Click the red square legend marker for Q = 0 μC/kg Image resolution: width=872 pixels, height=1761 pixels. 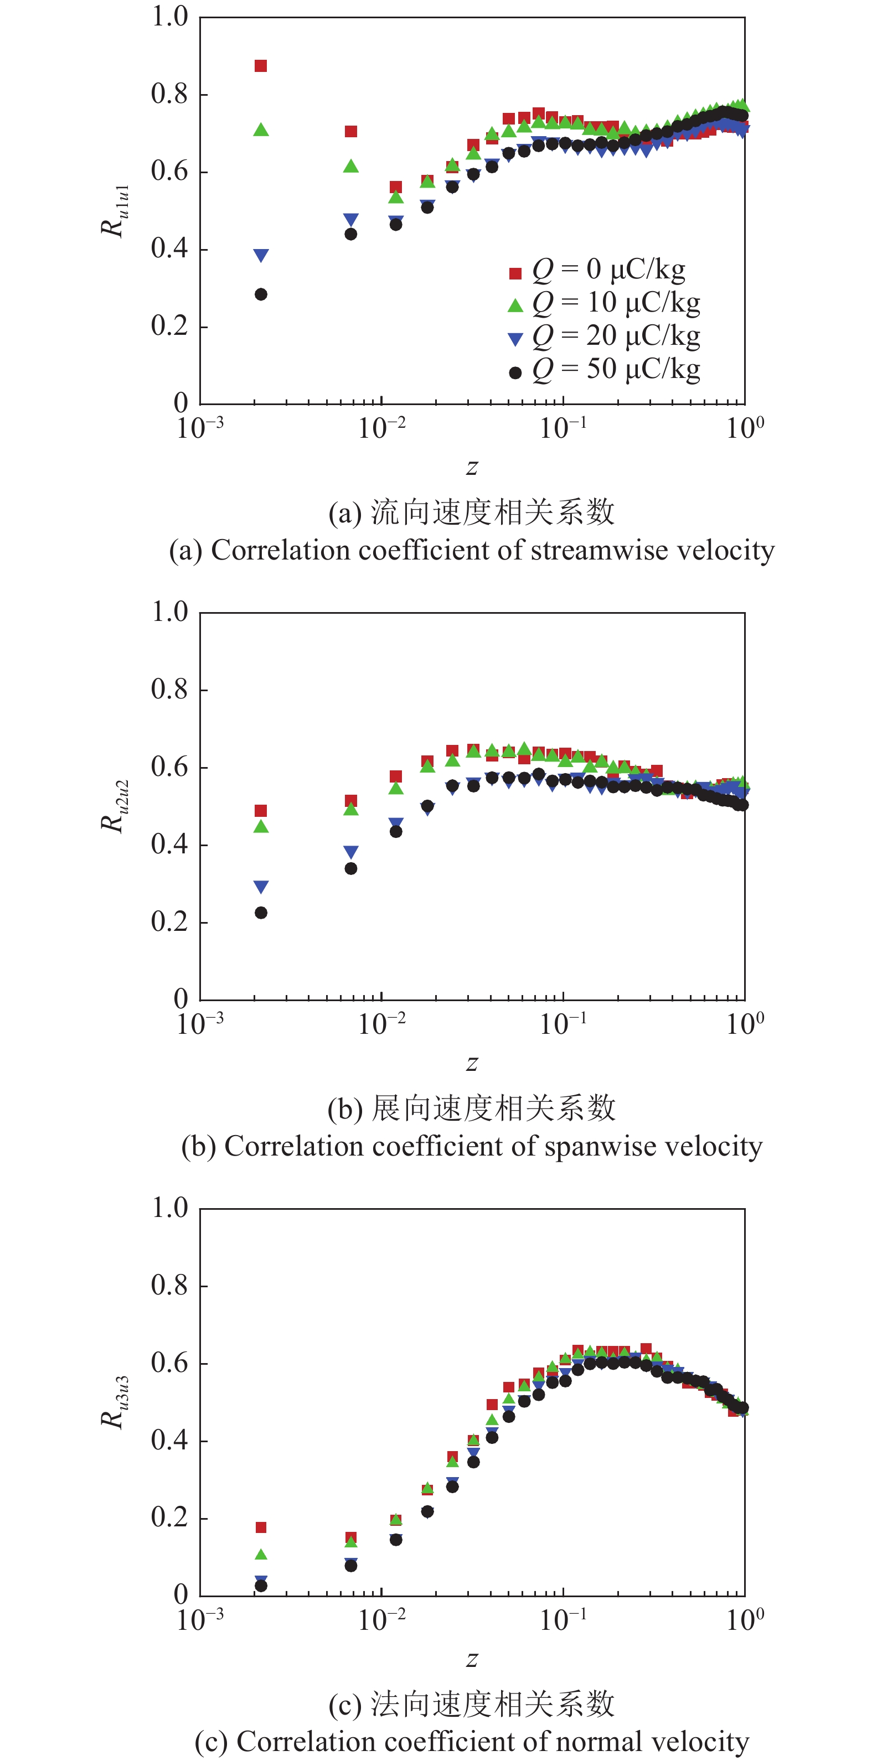(x=515, y=273)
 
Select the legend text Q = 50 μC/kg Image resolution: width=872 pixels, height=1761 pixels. (x=616, y=369)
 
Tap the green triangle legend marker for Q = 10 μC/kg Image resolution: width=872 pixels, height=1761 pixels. (x=515, y=305)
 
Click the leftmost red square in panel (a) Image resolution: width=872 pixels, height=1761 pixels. (x=261, y=66)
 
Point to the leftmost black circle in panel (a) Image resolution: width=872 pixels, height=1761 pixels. (x=261, y=294)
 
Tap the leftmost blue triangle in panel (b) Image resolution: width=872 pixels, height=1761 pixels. (x=261, y=887)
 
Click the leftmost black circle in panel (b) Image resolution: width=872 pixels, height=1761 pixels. (x=261, y=913)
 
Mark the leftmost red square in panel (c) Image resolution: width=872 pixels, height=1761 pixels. (x=261, y=1527)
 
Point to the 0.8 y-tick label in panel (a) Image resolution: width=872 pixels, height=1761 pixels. (x=169, y=94)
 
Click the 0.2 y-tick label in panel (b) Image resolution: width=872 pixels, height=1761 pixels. (x=169, y=922)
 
